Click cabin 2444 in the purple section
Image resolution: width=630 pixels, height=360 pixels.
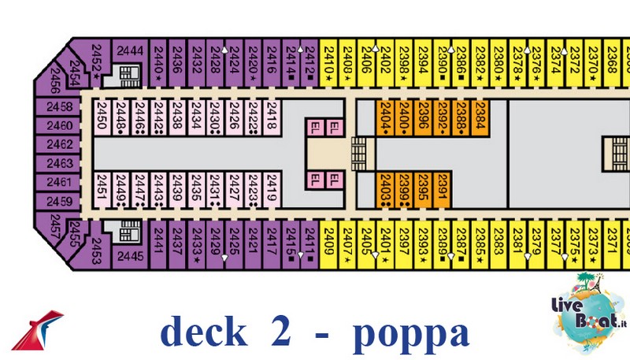point(130,51)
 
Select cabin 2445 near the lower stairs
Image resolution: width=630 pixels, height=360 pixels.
point(131,254)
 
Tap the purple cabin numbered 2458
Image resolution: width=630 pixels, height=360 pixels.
point(59,107)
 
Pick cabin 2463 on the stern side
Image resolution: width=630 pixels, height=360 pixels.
point(59,163)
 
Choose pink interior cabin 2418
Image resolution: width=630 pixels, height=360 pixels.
point(271,117)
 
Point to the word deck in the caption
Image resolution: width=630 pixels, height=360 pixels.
point(202,332)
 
